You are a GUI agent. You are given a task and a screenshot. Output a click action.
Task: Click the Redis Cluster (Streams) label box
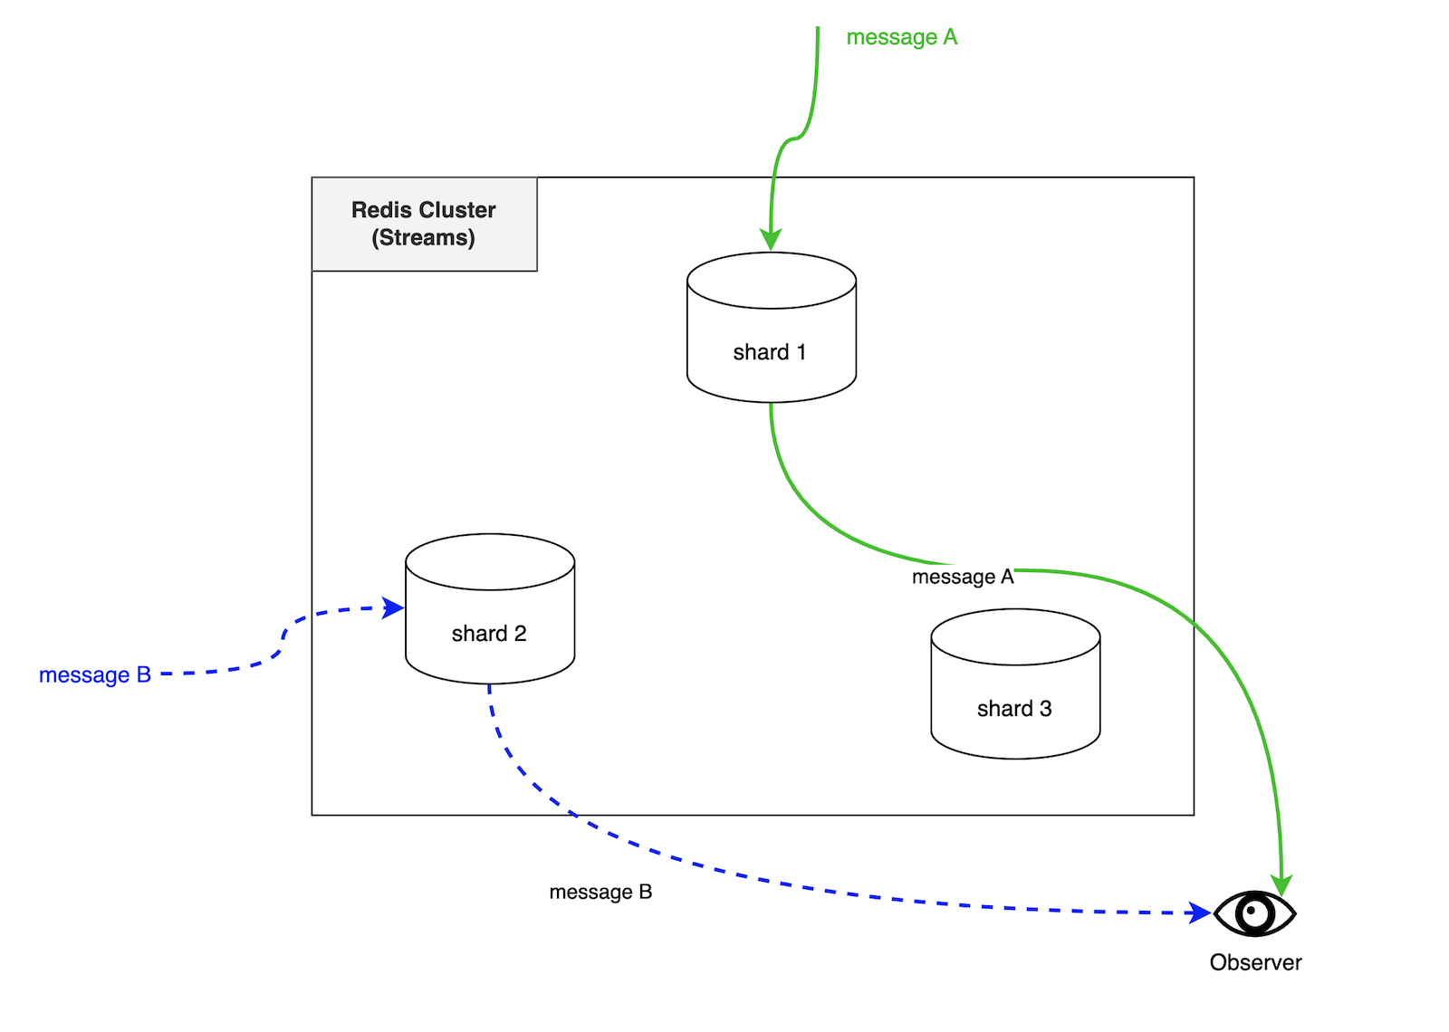click(424, 224)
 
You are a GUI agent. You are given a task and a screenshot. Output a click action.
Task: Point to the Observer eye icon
click(1255, 913)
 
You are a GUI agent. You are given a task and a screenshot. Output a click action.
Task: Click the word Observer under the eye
click(1255, 962)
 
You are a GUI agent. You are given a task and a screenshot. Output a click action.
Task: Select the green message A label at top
click(901, 37)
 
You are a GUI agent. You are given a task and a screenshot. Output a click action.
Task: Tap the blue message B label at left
click(94, 675)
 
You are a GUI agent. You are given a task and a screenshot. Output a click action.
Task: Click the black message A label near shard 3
click(962, 577)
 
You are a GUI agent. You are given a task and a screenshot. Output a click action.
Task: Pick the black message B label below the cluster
click(600, 892)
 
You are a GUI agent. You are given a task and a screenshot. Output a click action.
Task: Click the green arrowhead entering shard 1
click(771, 239)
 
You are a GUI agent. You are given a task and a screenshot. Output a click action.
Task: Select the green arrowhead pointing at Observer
click(1281, 884)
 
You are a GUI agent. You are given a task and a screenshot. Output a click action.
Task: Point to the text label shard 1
click(769, 352)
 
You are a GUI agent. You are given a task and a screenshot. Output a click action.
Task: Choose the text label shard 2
click(489, 634)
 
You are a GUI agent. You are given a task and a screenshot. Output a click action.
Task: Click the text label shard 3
click(1014, 709)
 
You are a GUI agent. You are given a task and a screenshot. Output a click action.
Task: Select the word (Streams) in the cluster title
click(423, 238)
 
